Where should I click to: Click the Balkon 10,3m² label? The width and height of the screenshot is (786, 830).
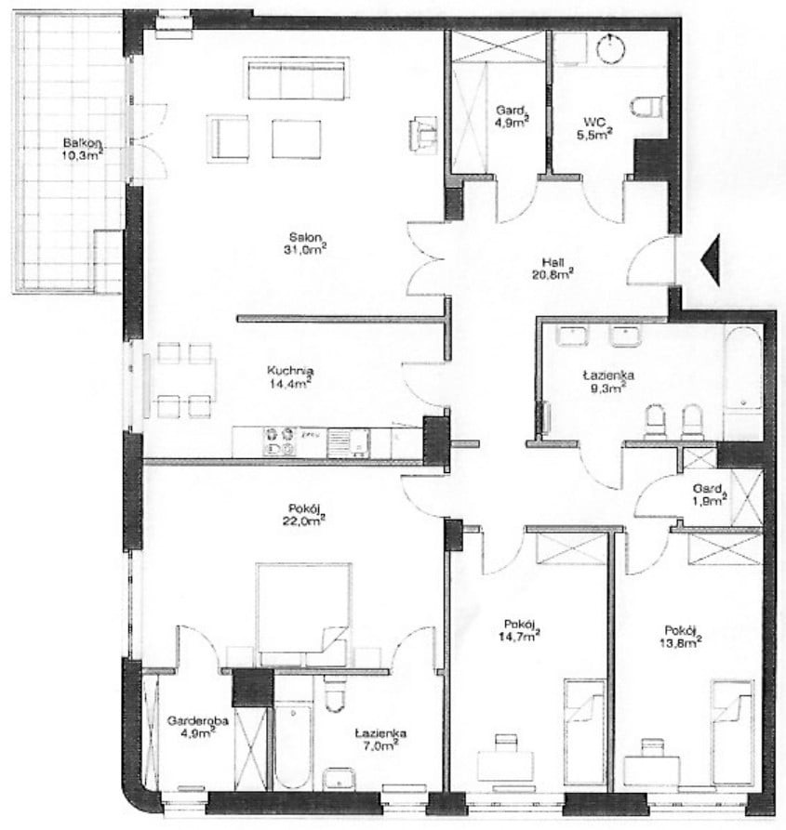(83, 149)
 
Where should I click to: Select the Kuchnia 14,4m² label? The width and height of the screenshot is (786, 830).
(290, 376)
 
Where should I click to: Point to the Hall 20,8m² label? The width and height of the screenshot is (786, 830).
(553, 268)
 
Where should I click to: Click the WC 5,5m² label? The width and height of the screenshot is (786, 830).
(594, 128)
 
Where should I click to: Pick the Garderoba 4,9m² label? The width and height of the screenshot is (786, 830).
(198, 726)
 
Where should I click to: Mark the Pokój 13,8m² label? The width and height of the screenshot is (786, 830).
(684, 636)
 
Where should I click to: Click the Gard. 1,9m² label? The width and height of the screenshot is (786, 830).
(710, 494)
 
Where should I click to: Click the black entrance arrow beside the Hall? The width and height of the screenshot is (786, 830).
(711, 259)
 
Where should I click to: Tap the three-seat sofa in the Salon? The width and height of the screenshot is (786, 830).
(297, 78)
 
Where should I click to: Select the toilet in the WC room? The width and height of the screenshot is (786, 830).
(647, 106)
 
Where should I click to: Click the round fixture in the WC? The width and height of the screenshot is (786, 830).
(612, 48)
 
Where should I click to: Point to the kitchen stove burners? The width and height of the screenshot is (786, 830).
(280, 442)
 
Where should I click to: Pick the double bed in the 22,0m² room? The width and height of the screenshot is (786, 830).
(303, 614)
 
